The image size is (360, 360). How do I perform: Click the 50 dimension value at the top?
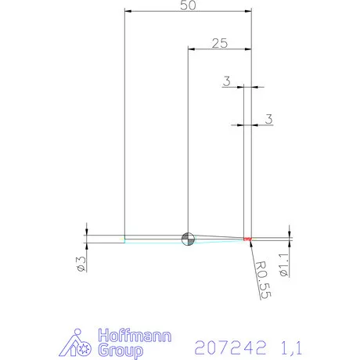(x=188, y=5)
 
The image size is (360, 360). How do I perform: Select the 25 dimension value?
(x=219, y=43)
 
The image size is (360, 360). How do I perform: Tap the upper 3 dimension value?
(x=226, y=81)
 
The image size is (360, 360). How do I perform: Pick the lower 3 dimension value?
(x=268, y=119)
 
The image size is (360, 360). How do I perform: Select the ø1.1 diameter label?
(x=285, y=262)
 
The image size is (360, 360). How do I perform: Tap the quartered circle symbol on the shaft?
(x=188, y=239)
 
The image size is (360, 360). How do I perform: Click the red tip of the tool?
(x=247, y=238)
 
